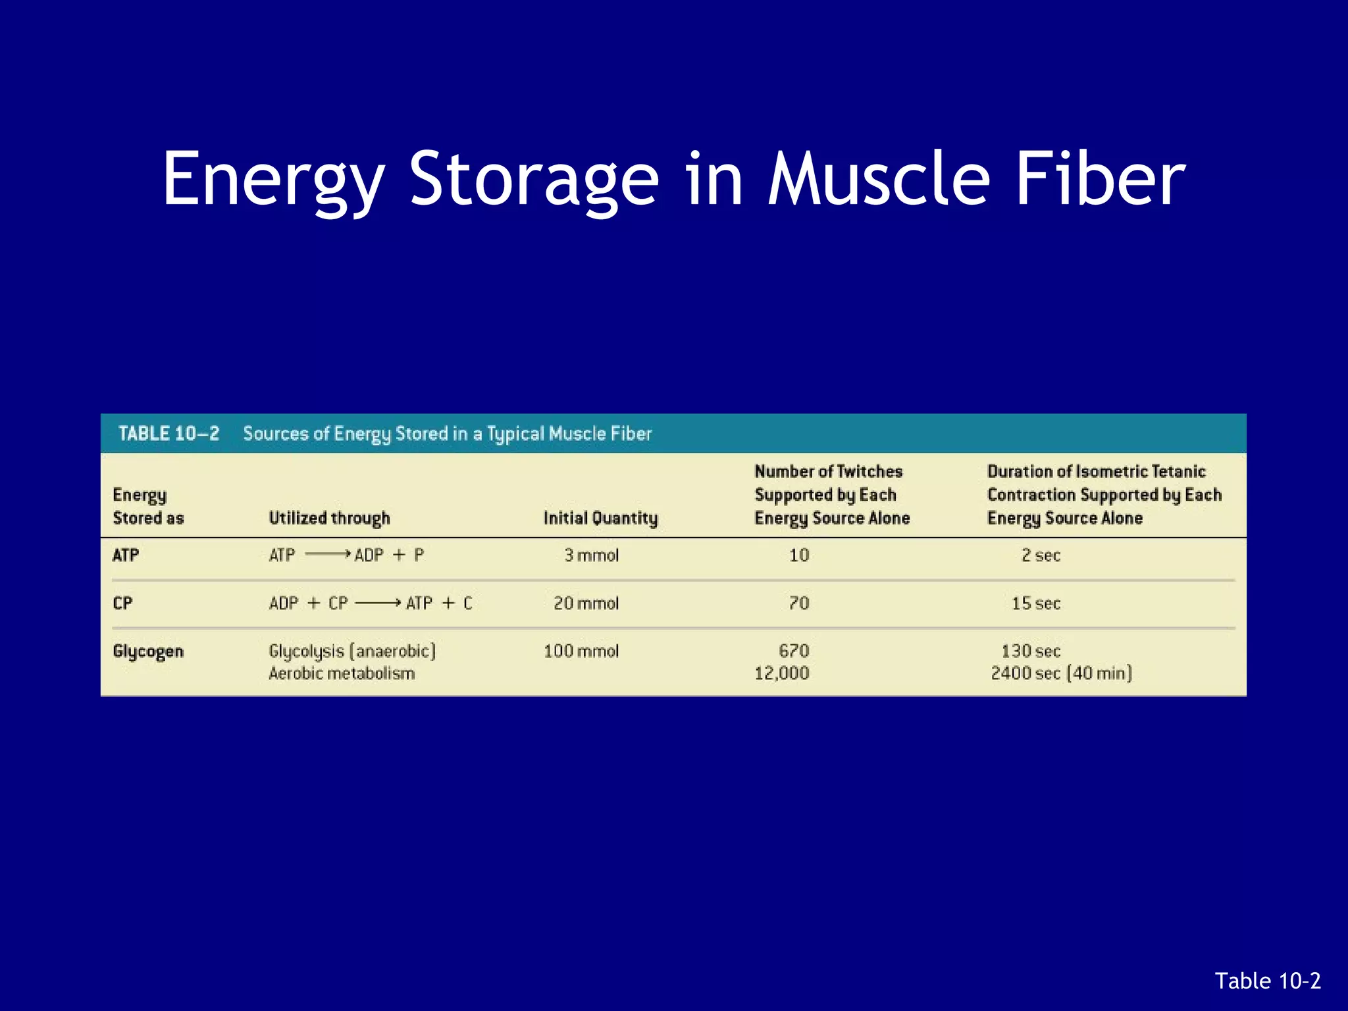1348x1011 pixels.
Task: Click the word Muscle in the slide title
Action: coord(879,179)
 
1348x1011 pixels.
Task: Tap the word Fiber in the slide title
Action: coord(1100,179)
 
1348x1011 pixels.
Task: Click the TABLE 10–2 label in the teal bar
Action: coord(168,433)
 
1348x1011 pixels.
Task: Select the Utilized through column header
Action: coord(329,518)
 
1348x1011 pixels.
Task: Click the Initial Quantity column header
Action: coord(600,518)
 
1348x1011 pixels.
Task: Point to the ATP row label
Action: coord(125,555)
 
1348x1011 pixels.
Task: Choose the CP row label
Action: coord(122,603)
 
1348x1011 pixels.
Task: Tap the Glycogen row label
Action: coord(148,651)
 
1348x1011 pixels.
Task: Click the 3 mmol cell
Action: coord(591,555)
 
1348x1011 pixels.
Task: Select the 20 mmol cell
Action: coord(586,603)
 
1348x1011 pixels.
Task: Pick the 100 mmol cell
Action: coord(581,651)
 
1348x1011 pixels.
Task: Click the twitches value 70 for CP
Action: coord(798,603)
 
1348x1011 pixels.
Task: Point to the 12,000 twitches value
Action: coord(781,673)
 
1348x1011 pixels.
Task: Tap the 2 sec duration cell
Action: coord(1041,555)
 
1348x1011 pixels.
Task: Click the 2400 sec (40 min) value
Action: coord(1061,673)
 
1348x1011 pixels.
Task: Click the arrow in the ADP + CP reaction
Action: coord(378,603)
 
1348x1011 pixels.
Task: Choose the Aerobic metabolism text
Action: coord(342,673)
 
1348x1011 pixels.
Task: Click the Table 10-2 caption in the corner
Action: coord(1267,981)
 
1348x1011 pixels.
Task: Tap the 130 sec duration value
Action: coord(1031,651)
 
